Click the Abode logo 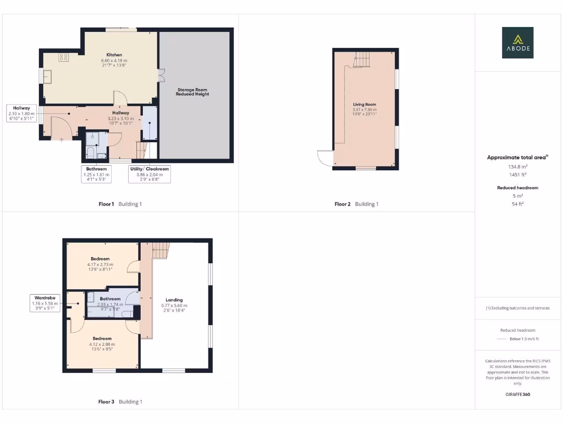(517, 42)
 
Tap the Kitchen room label (114, 55)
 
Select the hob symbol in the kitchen (63, 56)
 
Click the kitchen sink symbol (47, 77)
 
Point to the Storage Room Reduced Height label (192, 91)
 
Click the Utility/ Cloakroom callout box (149, 174)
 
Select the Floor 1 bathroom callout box (97, 174)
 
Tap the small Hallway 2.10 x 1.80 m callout (21, 113)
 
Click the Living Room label (365, 104)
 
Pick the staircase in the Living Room (362, 59)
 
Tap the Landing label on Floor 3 (174, 300)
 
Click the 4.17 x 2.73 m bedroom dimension (100, 264)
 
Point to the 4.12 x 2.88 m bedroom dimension (102, 344)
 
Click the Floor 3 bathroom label (110, 299)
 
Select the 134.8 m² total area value (517, 166)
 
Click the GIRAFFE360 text (517, 394)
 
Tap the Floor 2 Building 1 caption (356, 204)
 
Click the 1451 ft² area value (517, 174)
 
